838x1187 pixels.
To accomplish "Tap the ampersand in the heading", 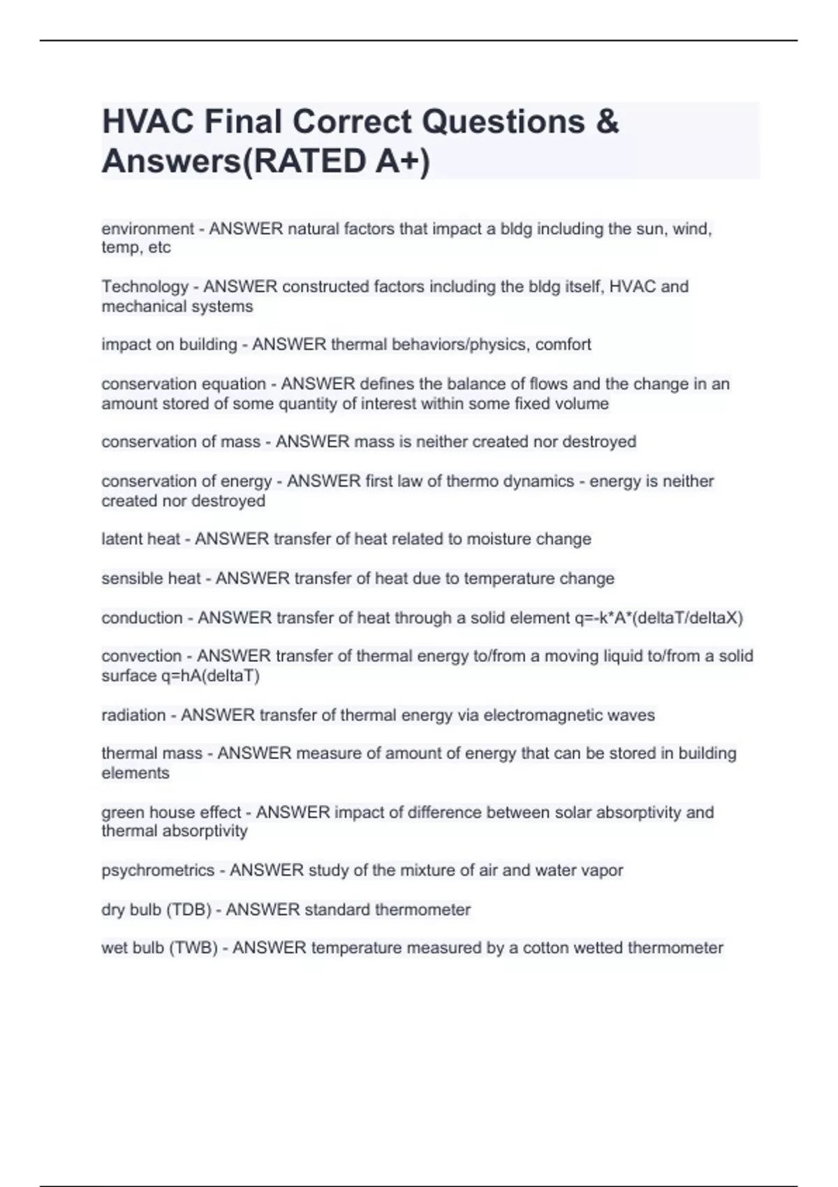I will coord(608,122).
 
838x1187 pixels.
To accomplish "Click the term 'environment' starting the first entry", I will coord(147,229).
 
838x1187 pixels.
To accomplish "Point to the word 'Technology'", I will coord(145,287).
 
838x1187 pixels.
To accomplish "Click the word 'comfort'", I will coord(563,345).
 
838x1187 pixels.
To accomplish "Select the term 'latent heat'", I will coord(140,539).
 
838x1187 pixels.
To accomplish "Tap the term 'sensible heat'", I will coord(151,579).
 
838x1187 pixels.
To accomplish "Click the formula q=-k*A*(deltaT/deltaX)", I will coord(659,618).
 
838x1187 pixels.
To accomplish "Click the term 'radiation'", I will coord(133,715).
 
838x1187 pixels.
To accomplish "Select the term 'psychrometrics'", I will coord(158,871).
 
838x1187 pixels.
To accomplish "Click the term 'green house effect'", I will coord(171,813).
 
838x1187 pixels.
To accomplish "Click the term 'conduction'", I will coord(142,618).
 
